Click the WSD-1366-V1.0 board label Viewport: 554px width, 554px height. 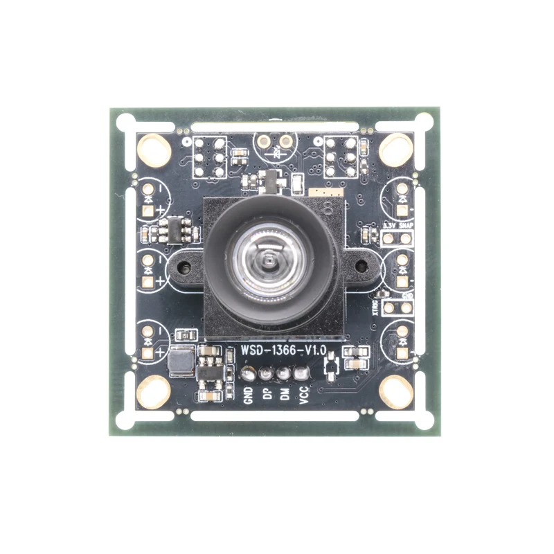click(x=283, y=351)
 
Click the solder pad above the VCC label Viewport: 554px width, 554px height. click(x=301, y=374)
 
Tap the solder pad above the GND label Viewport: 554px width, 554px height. click(x=248, y=374)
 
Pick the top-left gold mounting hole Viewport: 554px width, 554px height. click(x=154, y=150)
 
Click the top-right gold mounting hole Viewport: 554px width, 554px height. click(x=396, y=150)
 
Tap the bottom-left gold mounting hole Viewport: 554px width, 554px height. click(x=154, y=392)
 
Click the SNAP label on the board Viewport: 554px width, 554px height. click(x=406, y=226)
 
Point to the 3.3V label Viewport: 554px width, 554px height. click(x=388, y=226)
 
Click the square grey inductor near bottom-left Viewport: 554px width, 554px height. click(x=181, y=361)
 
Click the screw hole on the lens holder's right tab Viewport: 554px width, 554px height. click(x=360, y=265)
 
